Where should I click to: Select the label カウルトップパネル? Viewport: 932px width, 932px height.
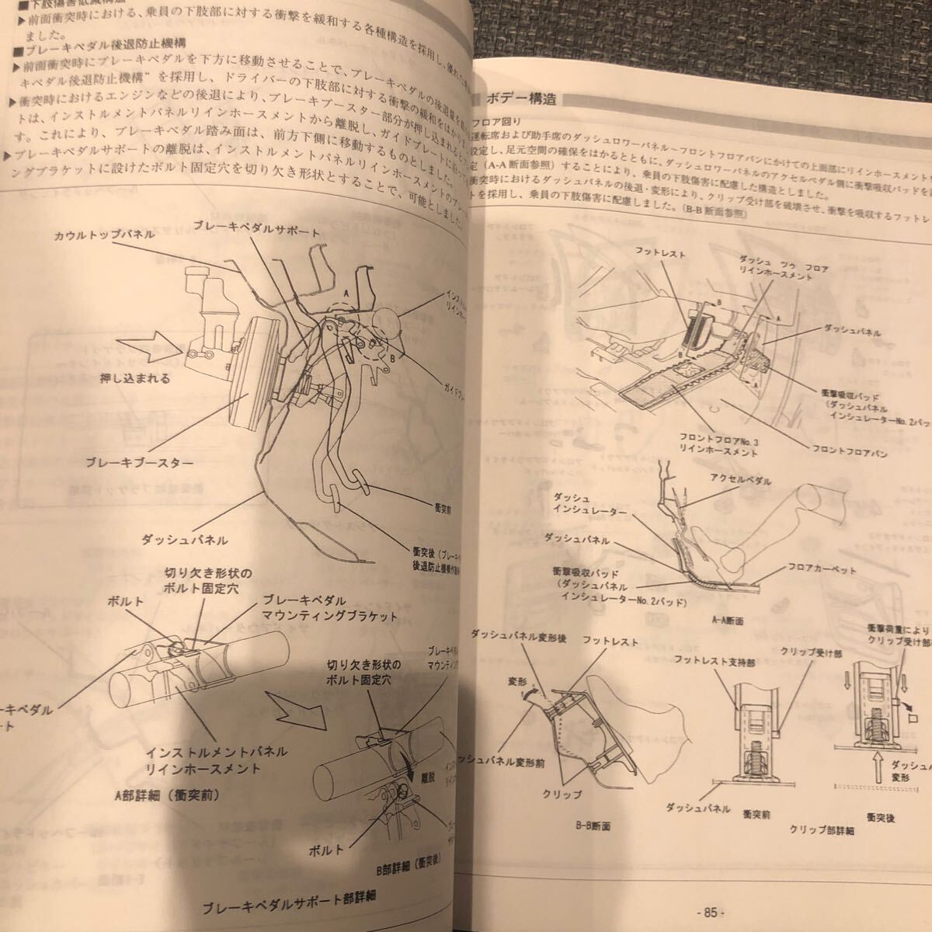click(x=105, y=235)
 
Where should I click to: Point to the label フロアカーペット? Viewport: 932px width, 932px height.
click(x=822, y=569)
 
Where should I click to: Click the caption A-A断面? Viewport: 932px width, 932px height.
click(x=728, y=621)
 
